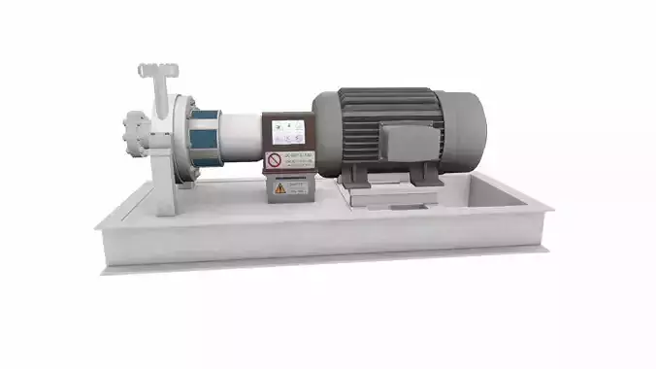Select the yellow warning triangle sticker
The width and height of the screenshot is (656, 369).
(x=279, y=188)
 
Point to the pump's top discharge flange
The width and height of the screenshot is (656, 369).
(x=157, y=70)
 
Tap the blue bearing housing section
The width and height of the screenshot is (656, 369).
(x=206, y=142)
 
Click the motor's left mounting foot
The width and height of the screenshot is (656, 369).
(x=354, y=176)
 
